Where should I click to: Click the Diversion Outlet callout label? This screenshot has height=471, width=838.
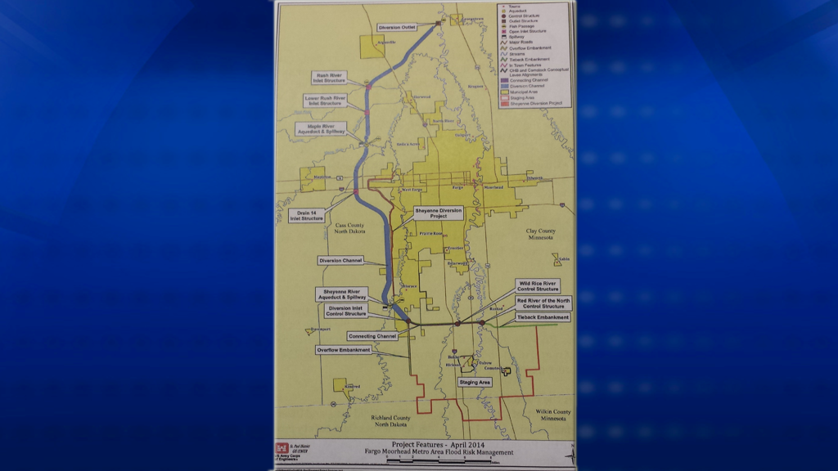(x=398, y=27)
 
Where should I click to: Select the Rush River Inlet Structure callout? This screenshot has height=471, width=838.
(x=328, y=78)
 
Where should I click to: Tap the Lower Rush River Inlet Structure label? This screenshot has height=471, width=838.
(x=325, y=101)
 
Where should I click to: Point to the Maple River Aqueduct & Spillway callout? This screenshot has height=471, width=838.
(x=321, y=128)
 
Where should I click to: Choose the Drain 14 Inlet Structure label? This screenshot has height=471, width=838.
(x=307, y=215)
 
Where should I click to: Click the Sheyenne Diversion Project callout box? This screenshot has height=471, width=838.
(x=439, y=213)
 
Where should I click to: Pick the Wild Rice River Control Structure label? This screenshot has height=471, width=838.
(x=538, y=286)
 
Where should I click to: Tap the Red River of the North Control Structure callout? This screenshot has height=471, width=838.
(x=543, y=303)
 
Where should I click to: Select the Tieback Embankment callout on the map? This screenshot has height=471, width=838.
(x=543, y=316)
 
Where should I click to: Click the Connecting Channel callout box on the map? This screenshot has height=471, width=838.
(x=372, y=336)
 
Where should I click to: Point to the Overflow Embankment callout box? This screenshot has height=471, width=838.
(x=344, y=350)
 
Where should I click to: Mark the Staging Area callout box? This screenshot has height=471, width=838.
(x=475, y=382)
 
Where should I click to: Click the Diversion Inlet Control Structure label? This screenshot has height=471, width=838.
(x=346, y=311)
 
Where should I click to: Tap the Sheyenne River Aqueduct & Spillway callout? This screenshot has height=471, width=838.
(x=342, y=295)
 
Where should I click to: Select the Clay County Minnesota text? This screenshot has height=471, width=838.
(x=540, y=234)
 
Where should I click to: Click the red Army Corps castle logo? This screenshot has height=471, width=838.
(x=282, y=449)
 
